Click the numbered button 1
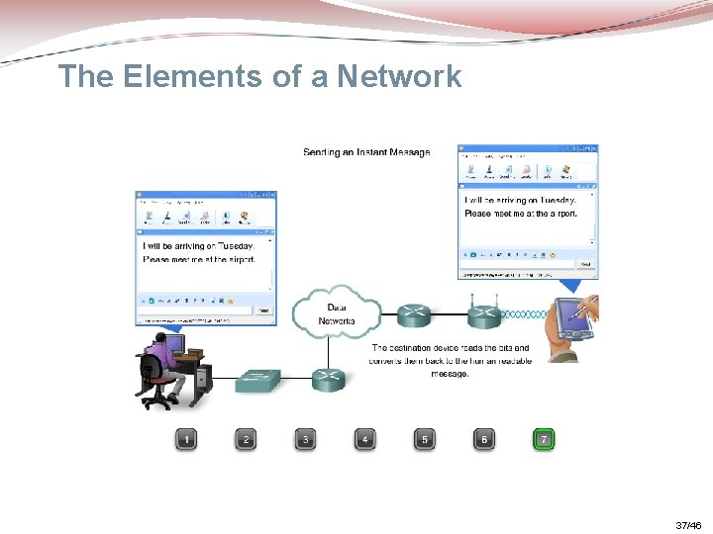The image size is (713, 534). click(186, 439)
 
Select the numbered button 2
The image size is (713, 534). click(246, 439)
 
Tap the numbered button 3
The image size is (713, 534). click(306, 439)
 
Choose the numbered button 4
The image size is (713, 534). click(365, 439)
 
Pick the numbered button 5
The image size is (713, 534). click(425, 439)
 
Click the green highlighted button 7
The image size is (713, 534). click(543, 439)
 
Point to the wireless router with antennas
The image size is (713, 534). click(483, 314)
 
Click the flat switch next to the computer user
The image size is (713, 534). click(257, 380)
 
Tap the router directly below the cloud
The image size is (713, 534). click(328, 379)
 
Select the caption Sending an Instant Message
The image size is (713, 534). click(366, 152)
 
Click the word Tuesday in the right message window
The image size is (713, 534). click(553, 200)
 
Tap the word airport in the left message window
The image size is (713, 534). click(236, 259)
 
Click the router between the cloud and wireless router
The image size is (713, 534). click(415, 315)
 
